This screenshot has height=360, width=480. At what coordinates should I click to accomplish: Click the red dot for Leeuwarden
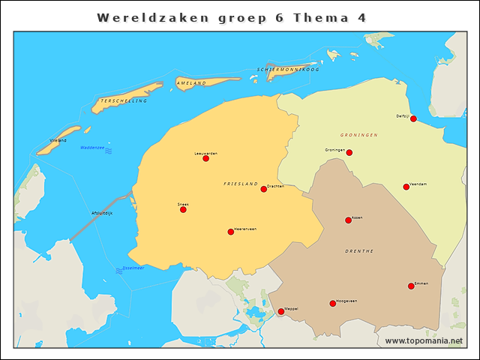(x=205, y=158)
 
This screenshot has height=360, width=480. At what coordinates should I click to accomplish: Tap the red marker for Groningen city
(x=349, y=153)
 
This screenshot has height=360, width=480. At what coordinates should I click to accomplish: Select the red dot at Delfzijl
(x=413, y=118)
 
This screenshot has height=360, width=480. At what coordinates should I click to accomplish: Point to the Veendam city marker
(x=406, y=187)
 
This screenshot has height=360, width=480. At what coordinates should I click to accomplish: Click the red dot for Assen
(x=348, y=220)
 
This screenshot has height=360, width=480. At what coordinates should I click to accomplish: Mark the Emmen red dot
(x=411, y=286)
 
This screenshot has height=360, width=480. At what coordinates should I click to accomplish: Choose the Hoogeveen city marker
(x=332, y=304)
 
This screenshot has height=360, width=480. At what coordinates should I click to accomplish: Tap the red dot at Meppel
(x=281, y=311)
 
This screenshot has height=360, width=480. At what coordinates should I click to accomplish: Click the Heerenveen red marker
(x=230, y=232)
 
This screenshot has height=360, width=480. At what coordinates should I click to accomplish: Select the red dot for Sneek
(x=183, y=209)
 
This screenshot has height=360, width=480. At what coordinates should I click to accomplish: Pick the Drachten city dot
(x=263, y=189)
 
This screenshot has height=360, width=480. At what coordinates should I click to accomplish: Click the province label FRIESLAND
(x=240, y=184)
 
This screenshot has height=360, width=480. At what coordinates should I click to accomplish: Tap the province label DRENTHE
(x=359, y=251)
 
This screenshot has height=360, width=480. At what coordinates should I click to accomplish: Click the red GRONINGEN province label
(x=358, y=135)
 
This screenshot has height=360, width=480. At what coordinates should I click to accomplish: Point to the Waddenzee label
(x=92, y=148)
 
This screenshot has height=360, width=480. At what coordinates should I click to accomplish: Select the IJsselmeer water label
(x=133, y=268)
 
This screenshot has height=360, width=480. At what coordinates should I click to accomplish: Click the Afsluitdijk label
(x=101, y=213)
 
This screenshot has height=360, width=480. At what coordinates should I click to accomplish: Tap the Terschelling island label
(x=124, y=100)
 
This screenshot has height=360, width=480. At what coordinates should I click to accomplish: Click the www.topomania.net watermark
(x=424, y=340)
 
